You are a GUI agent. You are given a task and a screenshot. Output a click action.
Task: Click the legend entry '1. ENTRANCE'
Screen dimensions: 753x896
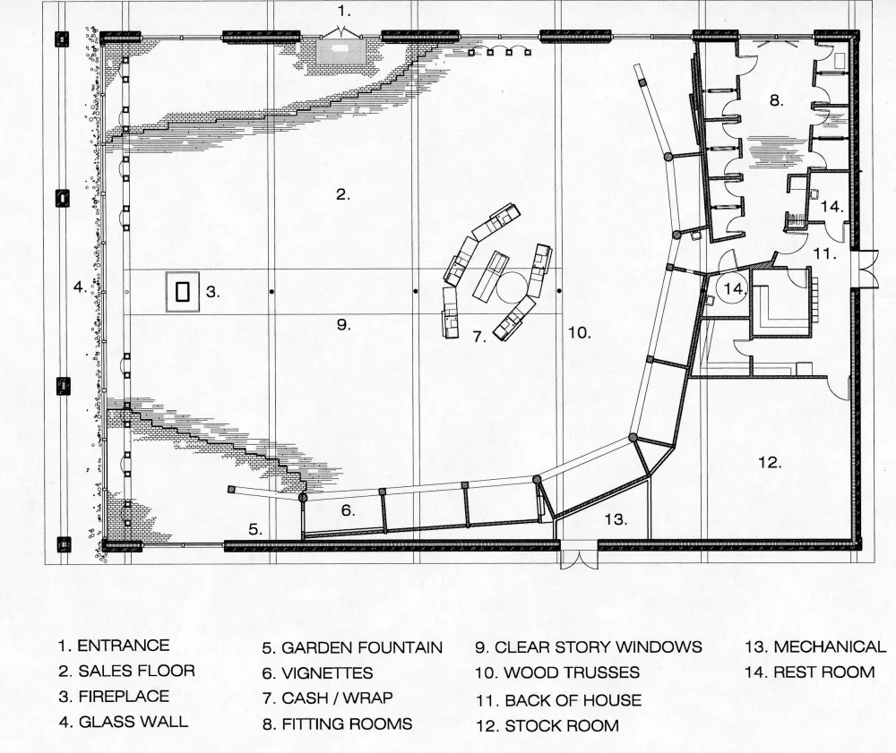tap(113, 646)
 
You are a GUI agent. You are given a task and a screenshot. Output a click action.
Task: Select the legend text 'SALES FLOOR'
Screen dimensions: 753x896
tap(135, 671)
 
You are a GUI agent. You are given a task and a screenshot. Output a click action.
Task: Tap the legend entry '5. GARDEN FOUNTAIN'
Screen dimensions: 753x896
tap(352, 647)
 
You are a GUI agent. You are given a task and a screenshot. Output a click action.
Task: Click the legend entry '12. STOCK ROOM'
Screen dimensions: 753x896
tap(547, 725)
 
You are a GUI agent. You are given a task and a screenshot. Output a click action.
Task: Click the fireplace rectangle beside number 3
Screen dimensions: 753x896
tap(183, 292)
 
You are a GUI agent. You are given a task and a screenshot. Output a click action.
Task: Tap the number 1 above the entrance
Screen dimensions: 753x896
tap(344, 12)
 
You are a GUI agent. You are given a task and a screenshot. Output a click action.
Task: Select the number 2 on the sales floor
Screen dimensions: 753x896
tap(342, 194)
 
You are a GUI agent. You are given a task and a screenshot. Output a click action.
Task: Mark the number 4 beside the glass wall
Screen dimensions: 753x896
tap(80, 287)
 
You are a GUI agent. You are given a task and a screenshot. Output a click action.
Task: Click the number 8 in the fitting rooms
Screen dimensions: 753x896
tap(776, 100)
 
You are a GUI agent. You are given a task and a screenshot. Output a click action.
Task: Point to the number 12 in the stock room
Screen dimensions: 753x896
tap(770, 463)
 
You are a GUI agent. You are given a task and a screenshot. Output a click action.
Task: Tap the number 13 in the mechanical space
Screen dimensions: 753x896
tap(615, 518)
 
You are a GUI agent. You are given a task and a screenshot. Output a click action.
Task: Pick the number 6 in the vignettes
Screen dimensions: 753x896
tap(349, 511)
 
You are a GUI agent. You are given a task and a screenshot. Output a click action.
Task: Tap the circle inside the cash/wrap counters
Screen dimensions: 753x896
tap(514, 288)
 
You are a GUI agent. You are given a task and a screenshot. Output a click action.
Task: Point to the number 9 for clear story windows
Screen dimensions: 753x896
tap(343, 324)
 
